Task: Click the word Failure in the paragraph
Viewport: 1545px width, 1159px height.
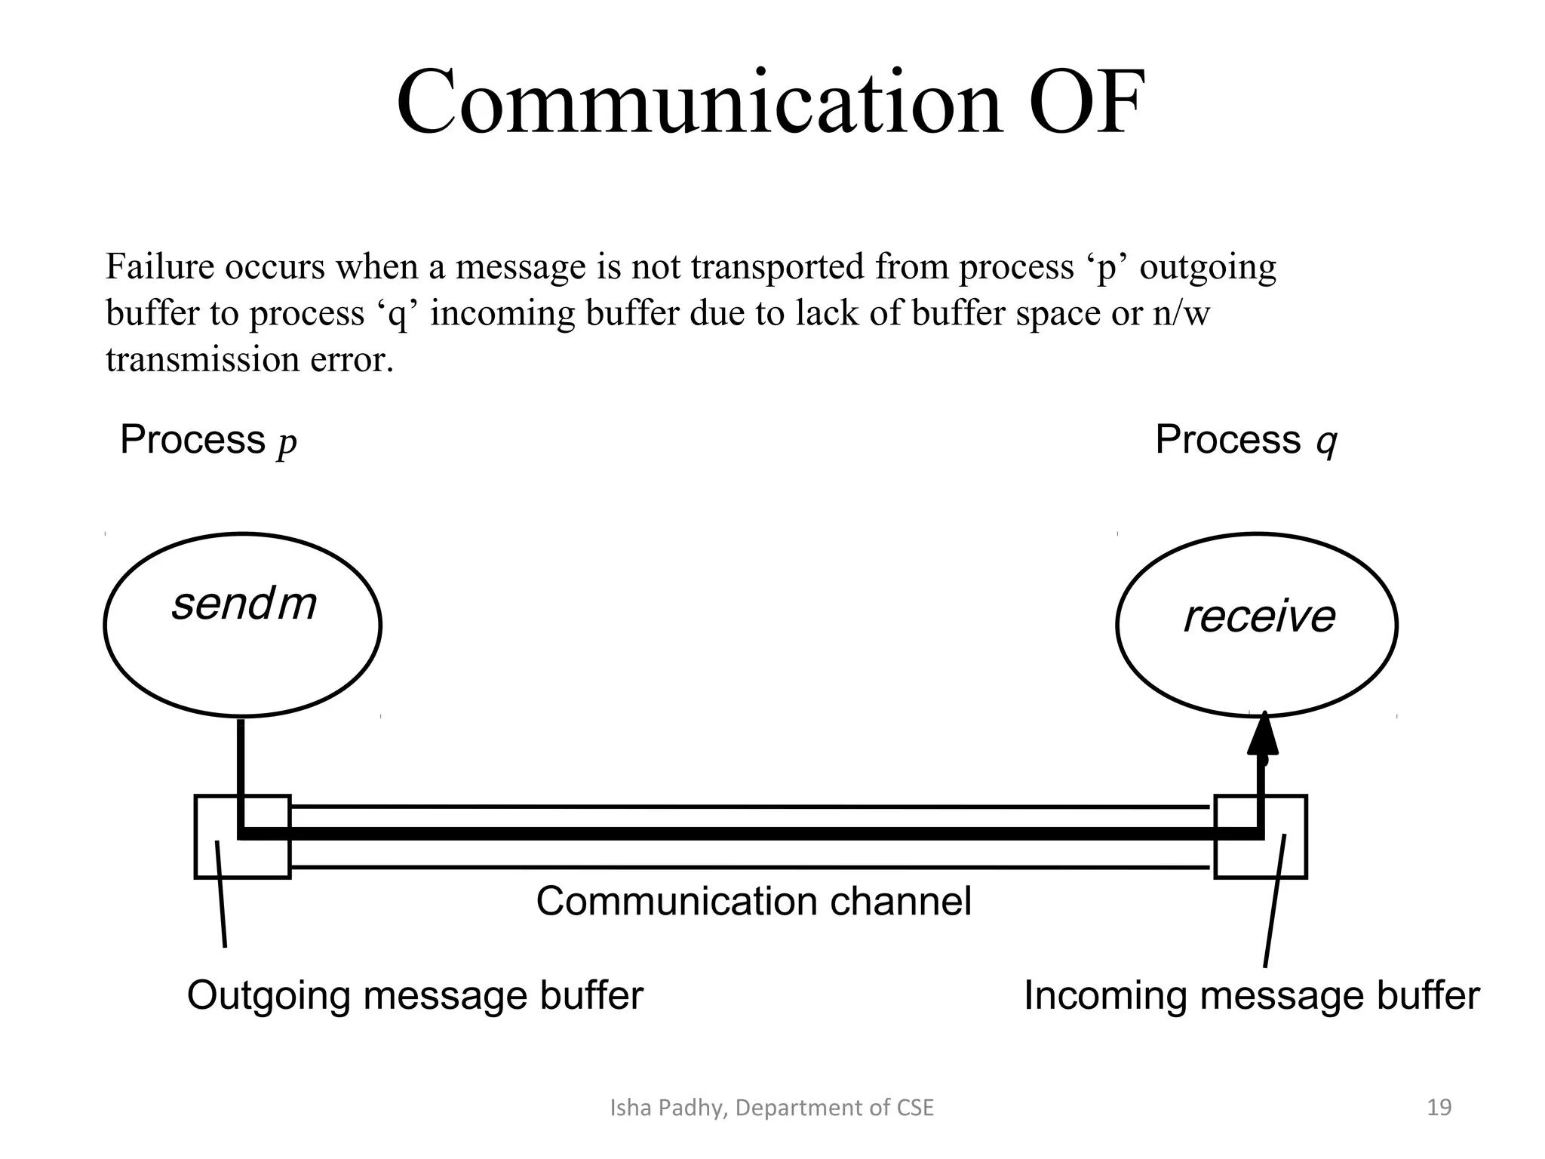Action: (159, 267)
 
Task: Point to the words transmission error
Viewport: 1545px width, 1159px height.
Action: (250, 359)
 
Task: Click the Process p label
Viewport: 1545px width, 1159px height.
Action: (208, 440)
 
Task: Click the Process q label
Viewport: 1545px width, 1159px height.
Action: (1246, 440)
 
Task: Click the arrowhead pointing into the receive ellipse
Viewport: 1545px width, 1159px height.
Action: (1263, 735)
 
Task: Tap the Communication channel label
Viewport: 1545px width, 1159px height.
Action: (753, 901)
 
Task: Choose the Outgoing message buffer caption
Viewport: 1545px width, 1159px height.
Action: (415, 995)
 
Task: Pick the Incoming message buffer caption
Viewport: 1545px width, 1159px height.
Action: (1251, 995)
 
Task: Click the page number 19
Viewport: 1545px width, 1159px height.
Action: (1439, 1108)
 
